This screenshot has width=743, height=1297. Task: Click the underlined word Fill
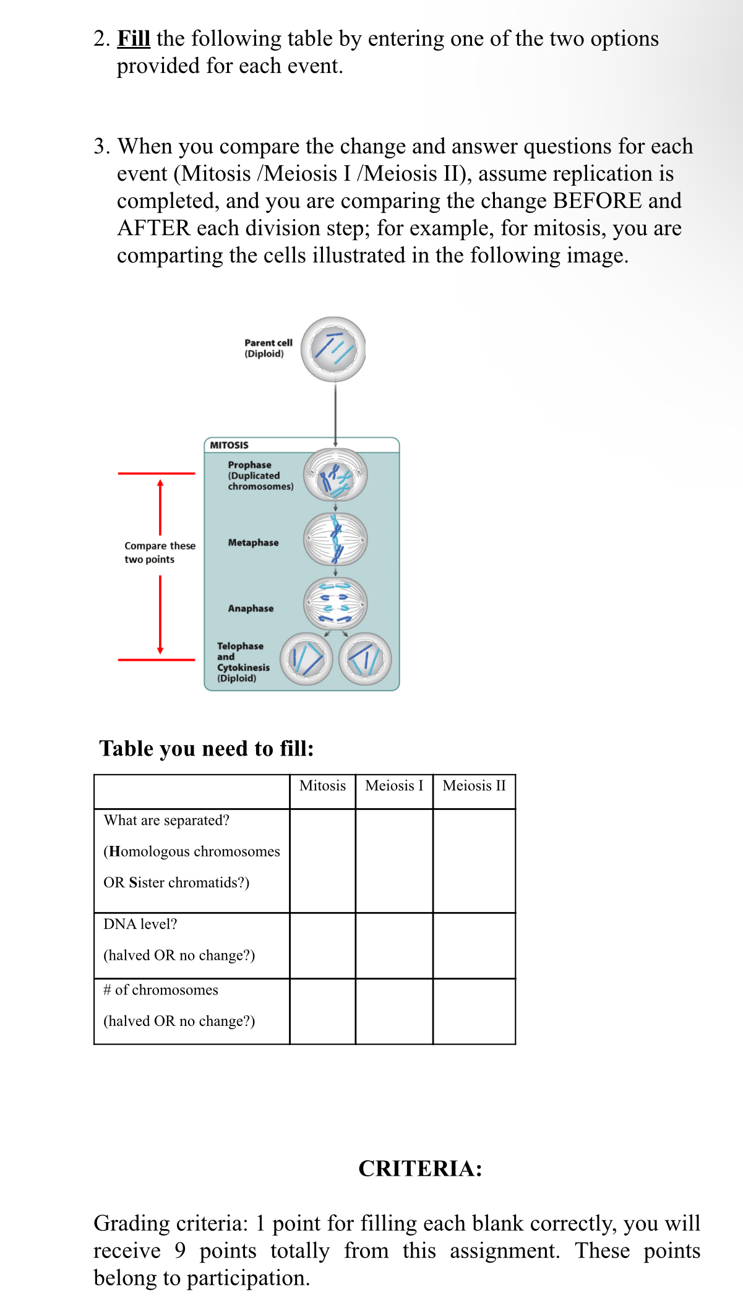click(134, 38)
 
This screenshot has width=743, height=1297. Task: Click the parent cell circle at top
click(333, 349)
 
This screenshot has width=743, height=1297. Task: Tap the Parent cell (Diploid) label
click(268, 348)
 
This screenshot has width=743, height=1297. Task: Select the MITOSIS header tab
click(229, 445)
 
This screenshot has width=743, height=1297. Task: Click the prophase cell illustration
click(335, 475)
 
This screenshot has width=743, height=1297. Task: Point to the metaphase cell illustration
click(335, 540)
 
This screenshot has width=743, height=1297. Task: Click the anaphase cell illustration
click(335, 604)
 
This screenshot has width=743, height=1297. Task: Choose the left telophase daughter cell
click(306, 658)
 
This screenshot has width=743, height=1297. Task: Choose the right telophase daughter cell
click(365, 658)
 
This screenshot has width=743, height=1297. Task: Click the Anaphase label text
click(251, 608)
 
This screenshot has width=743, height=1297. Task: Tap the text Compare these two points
click(159, 552)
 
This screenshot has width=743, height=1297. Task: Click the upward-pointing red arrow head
click(160, 483)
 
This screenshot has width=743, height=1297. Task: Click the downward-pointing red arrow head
click(160, 650)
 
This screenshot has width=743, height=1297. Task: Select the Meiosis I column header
click(394, 786)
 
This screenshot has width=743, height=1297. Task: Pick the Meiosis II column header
click(474, 786)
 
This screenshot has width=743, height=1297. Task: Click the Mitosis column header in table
click(322, 786)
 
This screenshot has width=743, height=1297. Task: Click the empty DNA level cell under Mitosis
click(322, 946)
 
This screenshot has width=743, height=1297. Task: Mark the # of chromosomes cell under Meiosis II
click(474, 1011)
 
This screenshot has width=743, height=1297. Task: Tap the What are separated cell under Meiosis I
click(394, 860)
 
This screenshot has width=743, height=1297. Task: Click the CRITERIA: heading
click(420, 1168)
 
